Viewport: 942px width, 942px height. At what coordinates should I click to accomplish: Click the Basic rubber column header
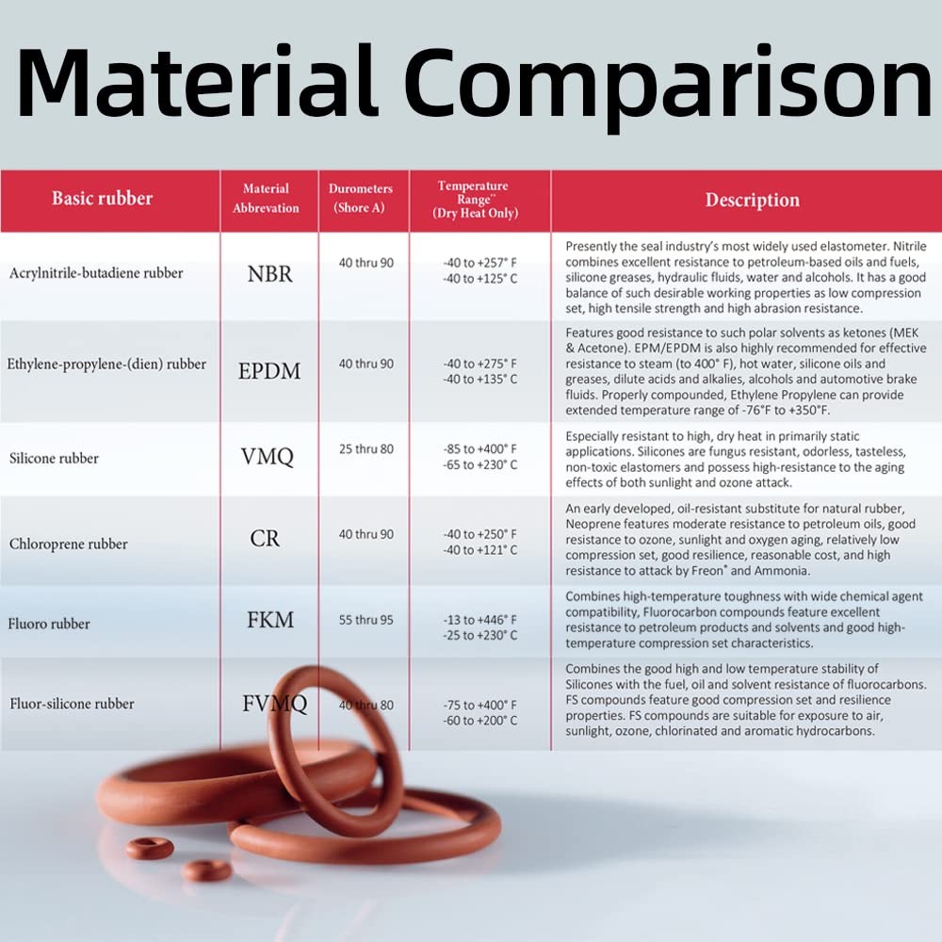click(x=102, y=199)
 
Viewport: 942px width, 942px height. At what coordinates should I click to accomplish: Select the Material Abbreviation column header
click(x=266, y=198)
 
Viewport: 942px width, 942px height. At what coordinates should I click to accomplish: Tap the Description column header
click(x=752, y=200)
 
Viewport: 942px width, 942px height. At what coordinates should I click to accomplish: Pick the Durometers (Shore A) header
click(x=361, y=198)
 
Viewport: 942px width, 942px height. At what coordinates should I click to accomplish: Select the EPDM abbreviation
click(x=269, y=371)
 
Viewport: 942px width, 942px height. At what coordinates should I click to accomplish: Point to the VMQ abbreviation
click(x=268, y=458)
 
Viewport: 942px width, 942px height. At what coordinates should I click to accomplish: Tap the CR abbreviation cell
click(x=266, y=540)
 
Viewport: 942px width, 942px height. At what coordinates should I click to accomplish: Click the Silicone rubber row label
click(x=54, y=459)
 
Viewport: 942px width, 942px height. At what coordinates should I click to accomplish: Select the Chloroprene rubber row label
click(x=69, y=544)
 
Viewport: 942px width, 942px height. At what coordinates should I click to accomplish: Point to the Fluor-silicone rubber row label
click(x=73, y=704)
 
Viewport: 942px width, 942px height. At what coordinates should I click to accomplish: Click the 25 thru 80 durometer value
click(x=366, y=449)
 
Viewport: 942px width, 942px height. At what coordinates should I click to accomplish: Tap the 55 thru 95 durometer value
click(x=366, y=620)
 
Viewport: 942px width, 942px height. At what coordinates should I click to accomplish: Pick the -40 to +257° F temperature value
click(x=479, y=264)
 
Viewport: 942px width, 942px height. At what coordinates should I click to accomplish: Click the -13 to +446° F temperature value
click(x=479, y=620)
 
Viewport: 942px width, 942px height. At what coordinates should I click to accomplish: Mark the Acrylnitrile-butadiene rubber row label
click(x=96, y=273)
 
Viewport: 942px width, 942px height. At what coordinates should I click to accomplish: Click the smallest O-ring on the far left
click(x=150, y=847)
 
